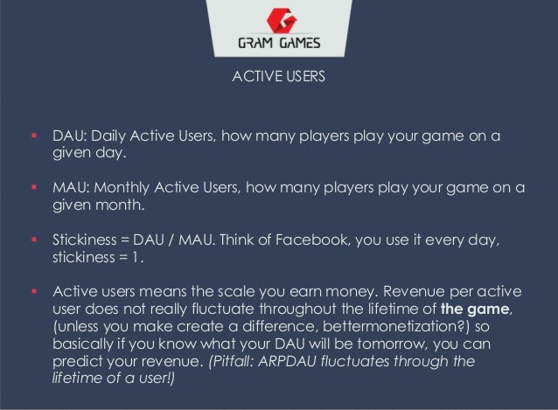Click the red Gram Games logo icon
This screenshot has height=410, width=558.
(278, 18)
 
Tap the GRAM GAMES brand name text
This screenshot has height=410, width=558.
(279, 44)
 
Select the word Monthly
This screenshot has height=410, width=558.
(119, 189)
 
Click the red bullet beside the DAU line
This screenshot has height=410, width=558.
(35, 137)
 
